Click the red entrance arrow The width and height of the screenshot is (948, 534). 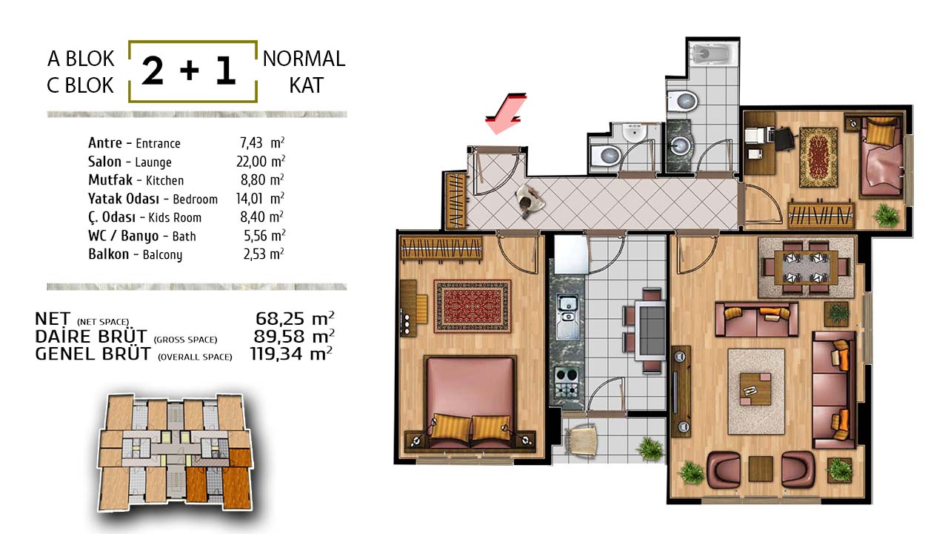pos(506,113)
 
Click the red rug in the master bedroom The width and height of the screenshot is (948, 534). pos(473,306)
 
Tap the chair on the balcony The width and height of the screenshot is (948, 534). pos(581,441)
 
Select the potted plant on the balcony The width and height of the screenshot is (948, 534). pos(650,449)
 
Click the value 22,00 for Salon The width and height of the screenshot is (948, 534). pos(251,162)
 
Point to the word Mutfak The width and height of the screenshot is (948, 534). pos(110,179)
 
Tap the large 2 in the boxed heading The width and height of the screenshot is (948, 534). pos(153,70)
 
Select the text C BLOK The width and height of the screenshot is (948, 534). pos(80,85)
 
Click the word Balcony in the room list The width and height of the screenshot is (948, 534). pos(162,254)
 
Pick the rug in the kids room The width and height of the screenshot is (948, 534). pos(818,157)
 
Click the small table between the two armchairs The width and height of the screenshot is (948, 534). pos(761,468)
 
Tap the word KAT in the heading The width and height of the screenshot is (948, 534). pos(306,85)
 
